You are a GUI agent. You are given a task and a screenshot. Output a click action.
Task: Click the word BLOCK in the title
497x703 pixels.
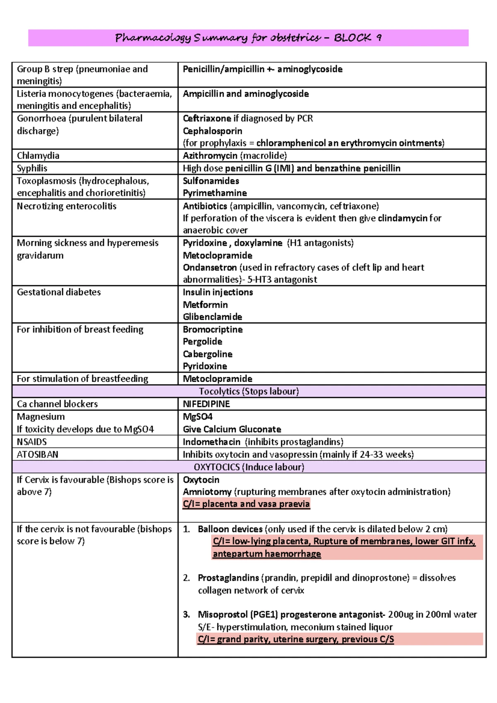point(352,38)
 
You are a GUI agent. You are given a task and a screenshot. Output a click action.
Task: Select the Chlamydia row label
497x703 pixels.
point(38,156)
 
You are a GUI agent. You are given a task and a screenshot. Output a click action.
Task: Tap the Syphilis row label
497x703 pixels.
point(32,168)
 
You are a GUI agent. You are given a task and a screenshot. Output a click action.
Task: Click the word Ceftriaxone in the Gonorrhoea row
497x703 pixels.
point(207,118)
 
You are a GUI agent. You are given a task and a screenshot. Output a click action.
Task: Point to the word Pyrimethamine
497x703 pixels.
point(215,193)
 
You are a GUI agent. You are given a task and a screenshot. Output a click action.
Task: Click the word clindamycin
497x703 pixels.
point(402,218)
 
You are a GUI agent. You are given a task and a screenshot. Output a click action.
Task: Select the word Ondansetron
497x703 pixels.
point(210,267)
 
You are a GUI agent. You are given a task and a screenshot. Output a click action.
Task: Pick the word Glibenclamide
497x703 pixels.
point(212,317)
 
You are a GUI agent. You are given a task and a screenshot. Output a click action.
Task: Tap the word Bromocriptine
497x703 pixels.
point(212,330)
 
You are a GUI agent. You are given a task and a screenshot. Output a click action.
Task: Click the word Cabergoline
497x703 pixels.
point(207,354)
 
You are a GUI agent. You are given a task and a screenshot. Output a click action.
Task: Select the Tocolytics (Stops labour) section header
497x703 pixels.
point(248,391)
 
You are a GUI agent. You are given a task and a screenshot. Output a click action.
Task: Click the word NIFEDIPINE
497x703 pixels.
point(206,404)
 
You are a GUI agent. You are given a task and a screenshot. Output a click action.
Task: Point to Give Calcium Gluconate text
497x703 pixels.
point(232,429)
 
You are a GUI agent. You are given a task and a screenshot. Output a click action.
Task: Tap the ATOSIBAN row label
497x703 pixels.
point(37,454)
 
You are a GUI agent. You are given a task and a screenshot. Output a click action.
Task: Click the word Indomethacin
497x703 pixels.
point(211,442)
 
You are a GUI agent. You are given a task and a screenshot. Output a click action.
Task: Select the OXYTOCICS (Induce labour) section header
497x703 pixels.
point(248,467)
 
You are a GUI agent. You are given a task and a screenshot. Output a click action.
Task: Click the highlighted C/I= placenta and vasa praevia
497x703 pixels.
point(246,504)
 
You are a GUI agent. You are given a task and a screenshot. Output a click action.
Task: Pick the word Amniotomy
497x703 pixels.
point(207,492)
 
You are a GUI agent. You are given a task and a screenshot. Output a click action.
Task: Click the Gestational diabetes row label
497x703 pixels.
point(58,292)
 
